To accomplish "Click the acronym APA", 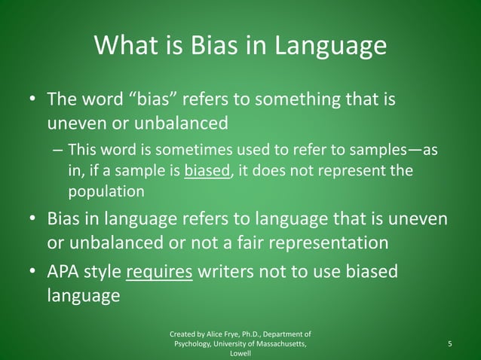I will coord(67,271).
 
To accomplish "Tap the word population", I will coord(106,191).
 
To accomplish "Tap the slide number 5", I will coord(449,344).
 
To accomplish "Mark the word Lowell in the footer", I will coord(240,353).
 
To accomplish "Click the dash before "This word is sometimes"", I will coord(57,150).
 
